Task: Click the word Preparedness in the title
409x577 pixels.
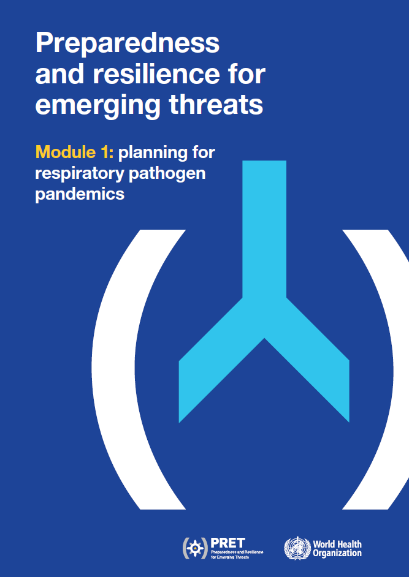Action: tap(127, 44)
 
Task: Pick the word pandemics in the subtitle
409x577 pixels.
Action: tap(80, 194)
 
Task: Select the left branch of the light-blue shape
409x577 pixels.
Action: tap(208, 368)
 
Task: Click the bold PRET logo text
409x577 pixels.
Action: tap(227, 542)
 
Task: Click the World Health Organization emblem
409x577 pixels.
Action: tap(297, 548)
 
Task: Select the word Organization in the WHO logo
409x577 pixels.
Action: tap(337, 553)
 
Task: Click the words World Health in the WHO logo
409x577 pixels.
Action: tap(337, 544)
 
